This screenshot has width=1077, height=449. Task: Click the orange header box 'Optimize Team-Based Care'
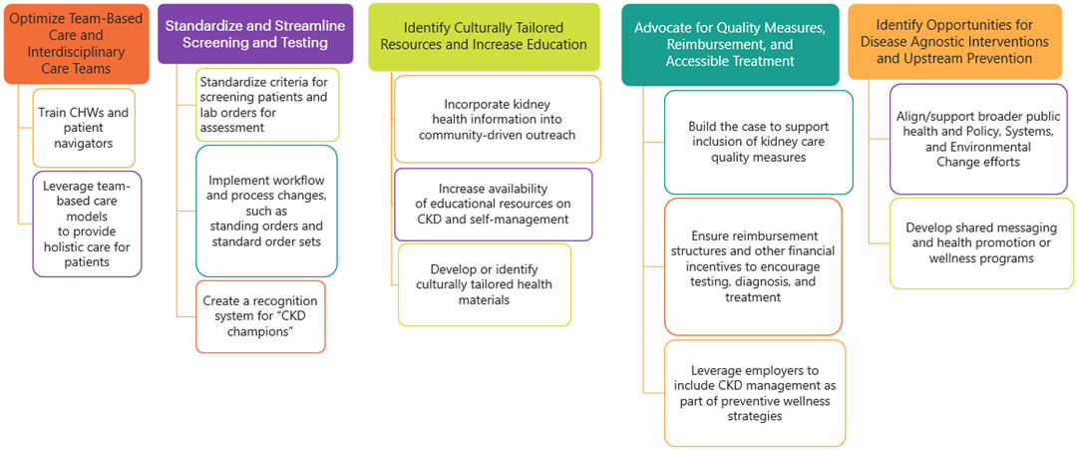pos(76,44)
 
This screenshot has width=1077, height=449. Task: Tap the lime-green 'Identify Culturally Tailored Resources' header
pos(484,37)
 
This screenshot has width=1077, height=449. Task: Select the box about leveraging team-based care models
pos(87,224)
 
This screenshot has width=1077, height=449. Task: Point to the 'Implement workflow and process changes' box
pos(266,212)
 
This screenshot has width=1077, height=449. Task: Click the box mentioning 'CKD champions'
pos(260,316)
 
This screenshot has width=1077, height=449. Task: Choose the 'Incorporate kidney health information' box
pos(498,120)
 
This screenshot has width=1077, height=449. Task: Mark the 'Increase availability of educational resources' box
pos(494,205)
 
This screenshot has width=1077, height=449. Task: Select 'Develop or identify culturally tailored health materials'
pos(485,284)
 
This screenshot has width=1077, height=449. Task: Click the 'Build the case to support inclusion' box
pos(759,143)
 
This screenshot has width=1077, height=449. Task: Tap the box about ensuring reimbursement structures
pos(754,266)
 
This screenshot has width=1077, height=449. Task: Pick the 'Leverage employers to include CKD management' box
pos(755,393)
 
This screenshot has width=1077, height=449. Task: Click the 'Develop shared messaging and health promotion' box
pos(982,243)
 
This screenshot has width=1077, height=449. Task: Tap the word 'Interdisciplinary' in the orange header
pos(76,52)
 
